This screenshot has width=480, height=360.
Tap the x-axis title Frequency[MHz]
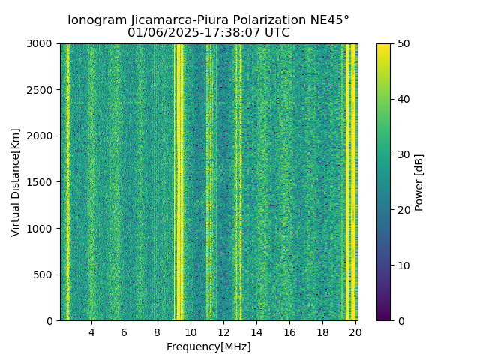(x=208, y=346)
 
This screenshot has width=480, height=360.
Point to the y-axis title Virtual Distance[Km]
(x=16, y=182)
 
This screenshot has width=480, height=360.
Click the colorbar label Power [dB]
(x=419, y=182)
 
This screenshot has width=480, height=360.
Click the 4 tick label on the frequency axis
(x=91, y=332)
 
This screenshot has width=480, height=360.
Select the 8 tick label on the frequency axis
(x=157, y=332)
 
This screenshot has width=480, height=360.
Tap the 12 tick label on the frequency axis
(x=223, y=332)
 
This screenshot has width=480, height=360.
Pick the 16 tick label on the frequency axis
(x=289, y=332)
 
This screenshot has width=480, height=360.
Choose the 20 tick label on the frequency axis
(x=355, y=332)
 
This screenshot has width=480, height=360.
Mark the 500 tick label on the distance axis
(x=45, y=274)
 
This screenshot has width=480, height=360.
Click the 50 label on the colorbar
(x=402, y=43)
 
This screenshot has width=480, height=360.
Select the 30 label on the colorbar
(x=402, y=154)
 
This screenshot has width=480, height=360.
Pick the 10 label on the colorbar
(x=402, y=265)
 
